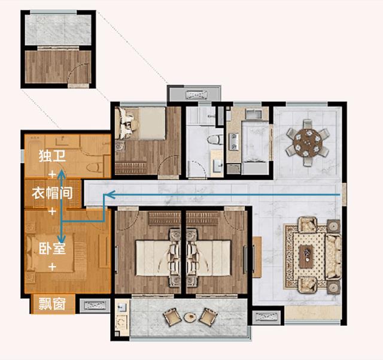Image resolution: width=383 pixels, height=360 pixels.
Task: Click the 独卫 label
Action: pos(52,156)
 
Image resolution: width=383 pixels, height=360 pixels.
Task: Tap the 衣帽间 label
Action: pos(52,193)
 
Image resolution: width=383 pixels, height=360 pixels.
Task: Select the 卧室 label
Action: pos(52,248)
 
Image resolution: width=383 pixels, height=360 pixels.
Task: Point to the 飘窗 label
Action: pos(52,304)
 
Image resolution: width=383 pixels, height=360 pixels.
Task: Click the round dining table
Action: pos(307,142)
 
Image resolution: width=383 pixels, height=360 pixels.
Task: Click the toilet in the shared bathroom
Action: pos(215,140)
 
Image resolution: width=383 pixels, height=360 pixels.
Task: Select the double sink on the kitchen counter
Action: pos(233,141)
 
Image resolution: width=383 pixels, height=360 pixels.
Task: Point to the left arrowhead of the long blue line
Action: pos(109,195)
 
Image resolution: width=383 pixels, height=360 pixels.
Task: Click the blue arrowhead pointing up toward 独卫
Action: pos(61,174)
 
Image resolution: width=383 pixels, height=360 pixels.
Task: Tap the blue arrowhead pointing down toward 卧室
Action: pos(61,238)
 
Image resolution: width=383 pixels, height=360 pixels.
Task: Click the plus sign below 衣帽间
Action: pos(52,211)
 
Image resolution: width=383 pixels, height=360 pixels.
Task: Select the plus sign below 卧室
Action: pos(52,267)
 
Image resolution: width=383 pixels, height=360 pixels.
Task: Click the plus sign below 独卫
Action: pos(52,174)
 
